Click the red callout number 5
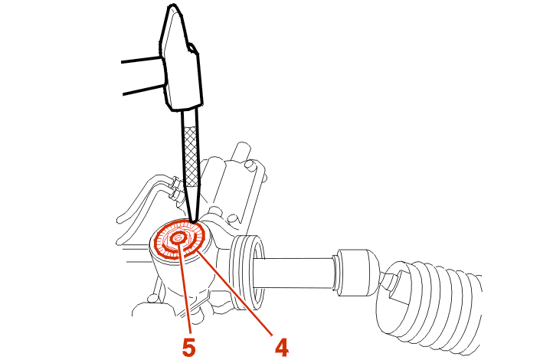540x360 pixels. (x=189, y=347)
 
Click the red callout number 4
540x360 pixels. (x=282, y=347)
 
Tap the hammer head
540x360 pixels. (x=180, y=58)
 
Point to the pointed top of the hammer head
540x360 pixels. (x=171, y=6)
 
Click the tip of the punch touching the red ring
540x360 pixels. (x=194, y=221)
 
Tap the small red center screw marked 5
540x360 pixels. (x=178, y=238)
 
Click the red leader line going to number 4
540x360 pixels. (x=235, y=293)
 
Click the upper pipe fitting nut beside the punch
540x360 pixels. (x=175, y=182)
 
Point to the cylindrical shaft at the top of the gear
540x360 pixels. (x=243, y=151)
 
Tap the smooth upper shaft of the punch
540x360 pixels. (x=190, y=118)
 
